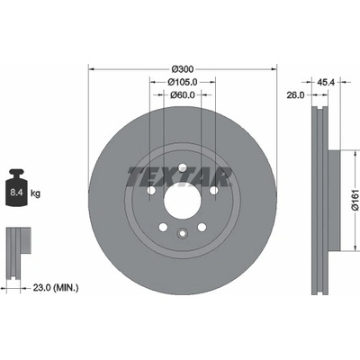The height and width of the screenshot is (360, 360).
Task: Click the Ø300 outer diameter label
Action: tap(183, 69)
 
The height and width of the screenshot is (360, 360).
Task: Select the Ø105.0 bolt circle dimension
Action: tap(183, 82)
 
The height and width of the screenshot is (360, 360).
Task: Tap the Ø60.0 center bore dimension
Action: tap(183, 94)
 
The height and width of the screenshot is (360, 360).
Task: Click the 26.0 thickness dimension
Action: tap(295, 95)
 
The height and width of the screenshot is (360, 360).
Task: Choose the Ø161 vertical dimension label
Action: tap(355, 200)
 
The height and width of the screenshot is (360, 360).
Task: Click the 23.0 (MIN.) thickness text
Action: tap(56, 288)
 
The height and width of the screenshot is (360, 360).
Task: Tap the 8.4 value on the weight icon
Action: tap(16, 193)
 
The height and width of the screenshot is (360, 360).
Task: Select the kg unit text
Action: tap(35, 193)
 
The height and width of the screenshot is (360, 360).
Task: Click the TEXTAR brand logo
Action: tap(179, 176)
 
